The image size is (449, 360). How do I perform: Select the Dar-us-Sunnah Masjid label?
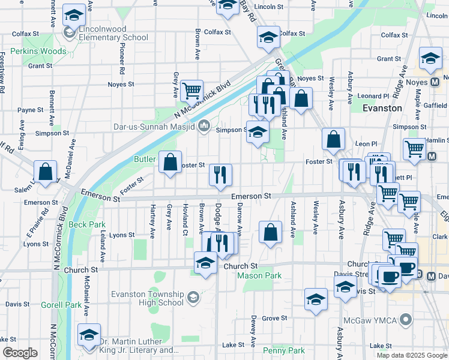(154, 127)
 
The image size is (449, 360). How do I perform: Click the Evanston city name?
(382, 108)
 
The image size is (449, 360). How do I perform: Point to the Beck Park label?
(87, 224)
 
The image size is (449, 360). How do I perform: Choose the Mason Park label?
(259, 276)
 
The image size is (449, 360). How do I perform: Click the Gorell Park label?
(61, 305)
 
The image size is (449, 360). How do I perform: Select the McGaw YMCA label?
(373, 320)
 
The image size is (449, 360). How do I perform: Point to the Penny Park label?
(283, 350)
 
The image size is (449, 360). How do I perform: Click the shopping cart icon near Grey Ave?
(191, 91)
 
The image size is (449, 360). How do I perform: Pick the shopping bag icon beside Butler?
(170, 161)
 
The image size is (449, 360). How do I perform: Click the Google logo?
(20, 353)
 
